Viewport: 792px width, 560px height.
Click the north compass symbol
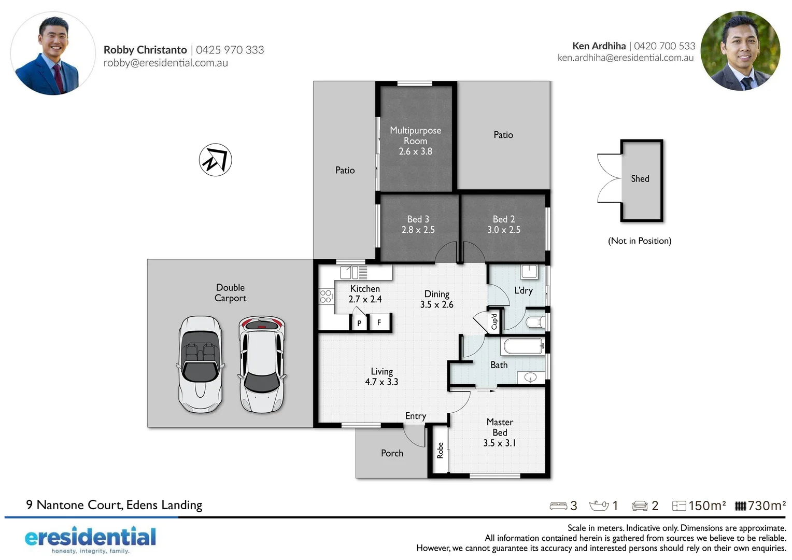(215, 160)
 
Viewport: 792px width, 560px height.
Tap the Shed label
(640, 179)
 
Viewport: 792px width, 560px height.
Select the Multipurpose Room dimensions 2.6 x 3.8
(415, 151)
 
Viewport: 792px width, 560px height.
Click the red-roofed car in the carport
(262, 365)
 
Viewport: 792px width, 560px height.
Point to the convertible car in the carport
(201, 365)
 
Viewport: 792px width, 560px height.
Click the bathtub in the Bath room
(522, 346)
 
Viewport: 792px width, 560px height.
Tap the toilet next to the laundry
(534, 322)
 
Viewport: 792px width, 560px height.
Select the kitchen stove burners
(326, 297)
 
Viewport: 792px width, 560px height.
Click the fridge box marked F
(379, 323)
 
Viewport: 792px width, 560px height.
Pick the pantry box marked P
(359, 323)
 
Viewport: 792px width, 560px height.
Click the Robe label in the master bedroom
(440, 450)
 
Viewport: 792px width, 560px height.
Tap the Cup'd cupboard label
(494, 321)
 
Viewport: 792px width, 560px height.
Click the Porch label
(392, 453)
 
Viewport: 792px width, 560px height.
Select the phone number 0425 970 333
(230, 50)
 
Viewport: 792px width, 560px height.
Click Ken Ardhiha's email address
(625, 58)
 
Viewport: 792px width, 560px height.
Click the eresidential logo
(90, 539)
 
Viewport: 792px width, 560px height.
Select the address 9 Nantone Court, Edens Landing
(114, 505)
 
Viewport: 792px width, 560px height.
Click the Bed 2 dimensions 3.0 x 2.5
(503, 230)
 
